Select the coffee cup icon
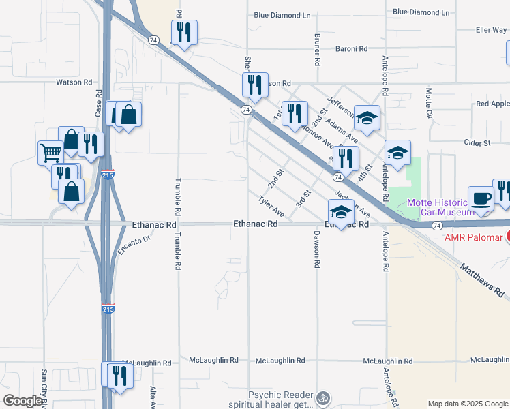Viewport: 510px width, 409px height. (x=481, y=198)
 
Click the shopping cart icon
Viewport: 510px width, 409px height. (x=50, y=152)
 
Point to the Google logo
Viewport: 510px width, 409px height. (x=22, y=401)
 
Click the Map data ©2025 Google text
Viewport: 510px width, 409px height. (x=468, y=404)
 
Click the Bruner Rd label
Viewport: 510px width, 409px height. (x=318, y=50)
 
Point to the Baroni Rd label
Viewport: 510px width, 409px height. (x=351, y=49)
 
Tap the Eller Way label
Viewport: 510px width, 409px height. (x=491, y=30)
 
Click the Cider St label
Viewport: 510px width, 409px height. (x=477, y=143)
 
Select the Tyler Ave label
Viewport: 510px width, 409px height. (x=271, y=207)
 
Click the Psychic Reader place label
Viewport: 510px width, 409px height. (x=280, y=395)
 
